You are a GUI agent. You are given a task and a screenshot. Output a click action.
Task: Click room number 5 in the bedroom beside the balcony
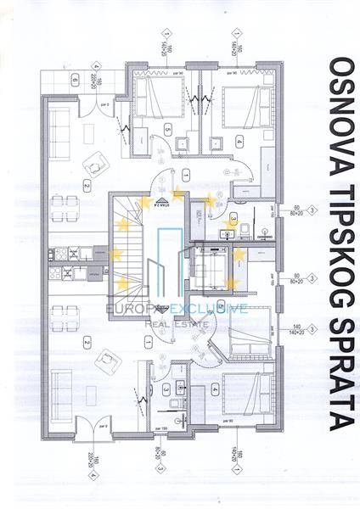pos(168,130)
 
